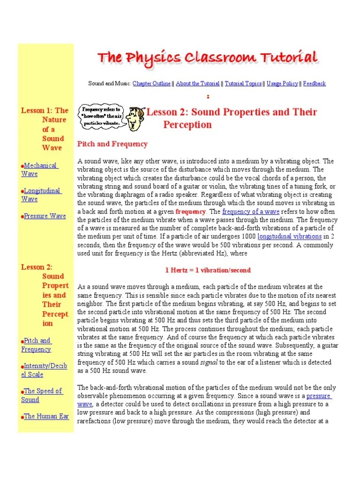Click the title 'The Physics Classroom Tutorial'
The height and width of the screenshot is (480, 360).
tap(208, 58)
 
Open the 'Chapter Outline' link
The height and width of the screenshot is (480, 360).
tap(152, 83)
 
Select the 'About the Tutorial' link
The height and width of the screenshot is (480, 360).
tap(197, 83)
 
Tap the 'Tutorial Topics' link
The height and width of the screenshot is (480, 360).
tap(243, 83)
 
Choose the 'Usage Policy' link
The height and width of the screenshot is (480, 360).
tap(282, 83)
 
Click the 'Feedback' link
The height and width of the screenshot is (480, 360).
tap(314, 83)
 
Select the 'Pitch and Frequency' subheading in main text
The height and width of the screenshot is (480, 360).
tap(112, 144)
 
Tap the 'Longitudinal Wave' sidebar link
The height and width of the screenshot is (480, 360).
tap(41, 195)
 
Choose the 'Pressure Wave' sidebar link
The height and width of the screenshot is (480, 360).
tap(45, 216)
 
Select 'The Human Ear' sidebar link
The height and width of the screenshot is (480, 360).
tap(46, 416)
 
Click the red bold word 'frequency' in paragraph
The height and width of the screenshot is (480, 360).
tap(190, 211)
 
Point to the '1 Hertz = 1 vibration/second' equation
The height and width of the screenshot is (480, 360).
tap(208, 270)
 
